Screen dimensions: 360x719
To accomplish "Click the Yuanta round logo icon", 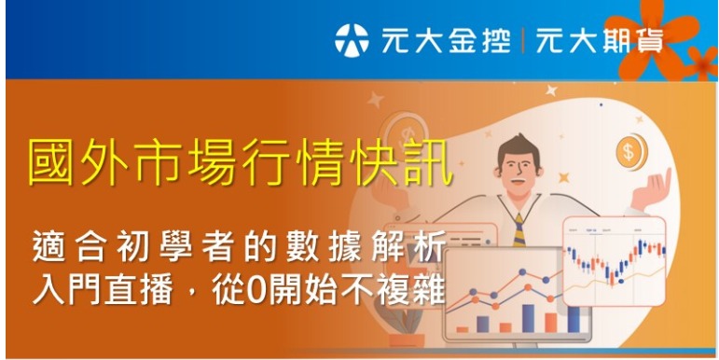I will [352, 40].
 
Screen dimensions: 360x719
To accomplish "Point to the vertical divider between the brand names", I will [523, 40].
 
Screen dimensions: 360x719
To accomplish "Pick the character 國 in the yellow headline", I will [53, 164].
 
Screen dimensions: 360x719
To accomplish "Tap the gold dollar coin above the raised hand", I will [630, 149].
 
